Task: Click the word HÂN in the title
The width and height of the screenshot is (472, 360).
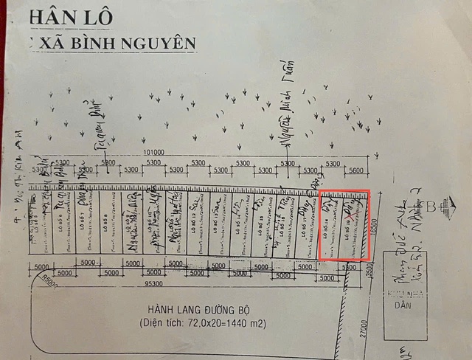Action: pyautogui.click(x=52, y=16)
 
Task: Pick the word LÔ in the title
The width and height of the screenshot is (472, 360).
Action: pyautogui.click(x=101, y=16)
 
